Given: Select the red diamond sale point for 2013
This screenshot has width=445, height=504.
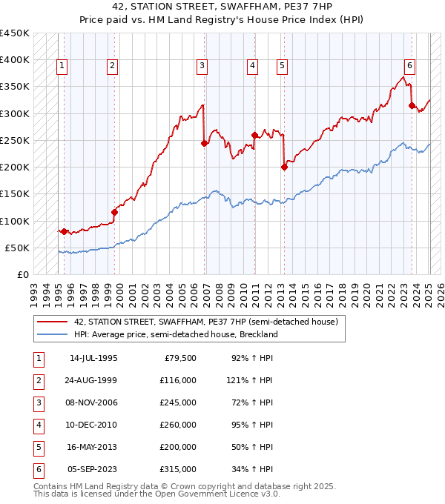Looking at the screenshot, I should click(x=284, y=167).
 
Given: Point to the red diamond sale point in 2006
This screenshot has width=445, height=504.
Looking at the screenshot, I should click(x=204, y=143).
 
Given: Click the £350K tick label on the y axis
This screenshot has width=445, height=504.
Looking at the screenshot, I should click(x=15, y=87).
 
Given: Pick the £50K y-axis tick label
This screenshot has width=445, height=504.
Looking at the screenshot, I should click(x=18, y=248).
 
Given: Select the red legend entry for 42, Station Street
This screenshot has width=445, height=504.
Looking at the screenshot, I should click(x=206, y=322).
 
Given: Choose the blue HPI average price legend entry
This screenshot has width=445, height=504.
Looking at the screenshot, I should click(x=175, y=334).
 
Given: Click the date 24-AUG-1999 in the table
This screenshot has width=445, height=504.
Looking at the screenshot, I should click(x=93, y=380).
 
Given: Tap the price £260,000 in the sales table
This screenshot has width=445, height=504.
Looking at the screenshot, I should click(x=178, y=425).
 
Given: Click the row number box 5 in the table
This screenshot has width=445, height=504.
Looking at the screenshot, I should click(x=38, y=447).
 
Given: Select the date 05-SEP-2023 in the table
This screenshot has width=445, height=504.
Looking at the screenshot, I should click(x=93, y=469).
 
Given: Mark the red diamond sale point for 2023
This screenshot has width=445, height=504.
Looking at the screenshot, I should click(x=412, y=106).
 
